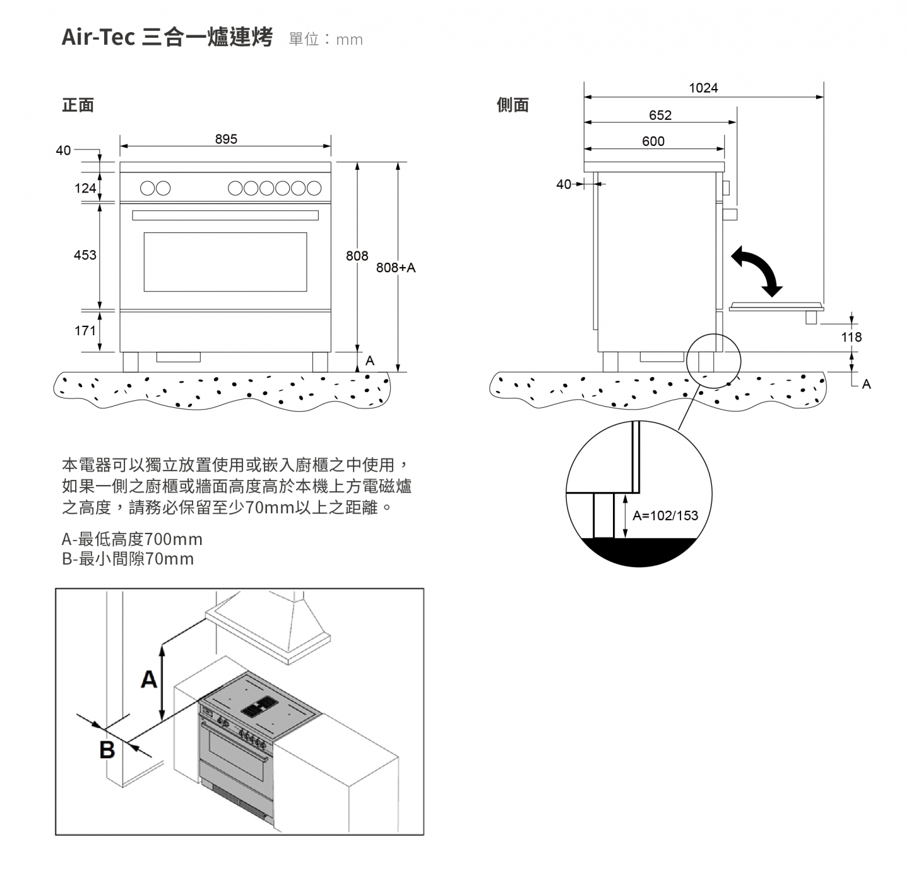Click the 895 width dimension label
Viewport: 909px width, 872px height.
[x=226, y=139]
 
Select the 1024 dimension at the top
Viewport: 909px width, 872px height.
[x=703, y=88]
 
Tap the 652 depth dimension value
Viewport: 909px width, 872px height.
[x=660, y=115]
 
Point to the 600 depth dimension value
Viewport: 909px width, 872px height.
[x=653, y=141]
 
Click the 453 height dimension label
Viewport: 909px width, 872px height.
[x=85, y=255]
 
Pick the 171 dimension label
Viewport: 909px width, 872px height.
[x=85, y=331]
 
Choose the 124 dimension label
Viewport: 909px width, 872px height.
[x=85, y=188]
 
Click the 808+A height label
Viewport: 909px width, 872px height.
[x=396, y=268]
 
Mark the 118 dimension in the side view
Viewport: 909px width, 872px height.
[x=851, y=337]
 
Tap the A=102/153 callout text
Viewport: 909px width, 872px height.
[x=665, y=515]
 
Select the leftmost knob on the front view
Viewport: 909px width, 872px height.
[x=147, y=188]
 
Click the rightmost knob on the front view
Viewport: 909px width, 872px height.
[x=314, y=188]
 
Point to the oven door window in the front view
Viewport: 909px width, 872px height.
[x=225, y=261]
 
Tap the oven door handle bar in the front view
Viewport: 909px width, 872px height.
[x=225, y=215]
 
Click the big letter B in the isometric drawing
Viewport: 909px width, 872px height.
[x=107, y=750]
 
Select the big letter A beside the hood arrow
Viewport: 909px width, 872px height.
[x=149, y=679]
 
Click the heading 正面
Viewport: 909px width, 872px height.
[x=78, y=105]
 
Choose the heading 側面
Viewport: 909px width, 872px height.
[x=513, y=105]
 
